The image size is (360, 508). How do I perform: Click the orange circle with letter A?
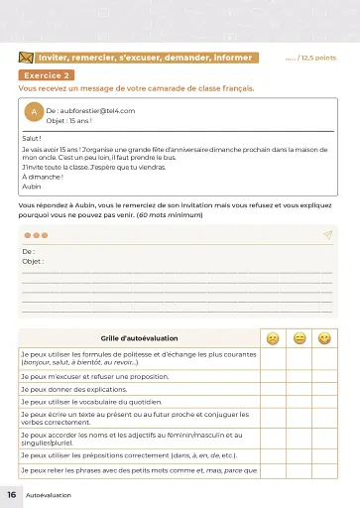(35, 114)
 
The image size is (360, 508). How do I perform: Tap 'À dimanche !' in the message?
(41, 177)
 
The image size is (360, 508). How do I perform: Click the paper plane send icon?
(326, 235)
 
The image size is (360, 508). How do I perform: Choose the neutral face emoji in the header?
(299, 339)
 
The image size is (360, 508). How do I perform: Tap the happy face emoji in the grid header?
(324, 339)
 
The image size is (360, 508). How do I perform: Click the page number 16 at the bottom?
(11, 493)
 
